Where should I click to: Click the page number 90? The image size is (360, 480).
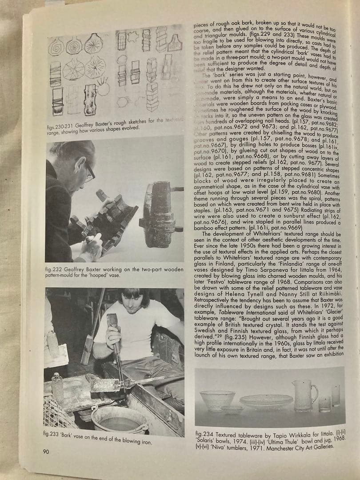tap(46, 452)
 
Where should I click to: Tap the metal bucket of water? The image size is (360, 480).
tap(119, 420)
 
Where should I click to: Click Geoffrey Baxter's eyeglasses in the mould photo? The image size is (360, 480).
tap(89, 172)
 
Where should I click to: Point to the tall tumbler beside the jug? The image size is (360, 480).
tap(335, 396)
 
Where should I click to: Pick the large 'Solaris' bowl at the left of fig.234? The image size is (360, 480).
tap(217, 399)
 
